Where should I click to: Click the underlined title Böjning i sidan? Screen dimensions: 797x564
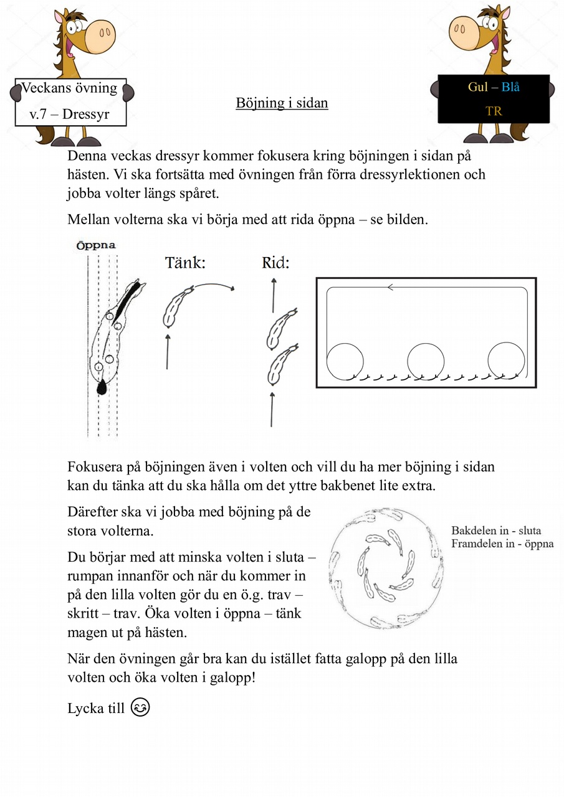(x=282, y=103)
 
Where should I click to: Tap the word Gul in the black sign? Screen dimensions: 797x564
(x=478, y=87)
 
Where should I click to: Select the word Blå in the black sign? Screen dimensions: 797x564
(x=509, y=87)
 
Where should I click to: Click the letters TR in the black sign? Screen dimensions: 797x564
(x=494, y=111)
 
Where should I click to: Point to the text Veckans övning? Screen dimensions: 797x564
(x=70, y=88)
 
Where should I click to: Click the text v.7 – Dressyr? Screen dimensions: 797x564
(x=70, y=115)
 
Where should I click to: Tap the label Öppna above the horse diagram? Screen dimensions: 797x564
(x=96, y=245)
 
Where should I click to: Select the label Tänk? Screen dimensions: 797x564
(x=185, y=263)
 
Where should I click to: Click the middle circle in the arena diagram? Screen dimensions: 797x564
(x=426, y=361)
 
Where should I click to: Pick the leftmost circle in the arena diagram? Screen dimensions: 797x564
(x=345, y=361)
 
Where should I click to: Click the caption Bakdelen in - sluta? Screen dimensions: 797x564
(x=496, y=531)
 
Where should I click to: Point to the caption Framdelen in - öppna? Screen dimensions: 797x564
(x=502, y=544)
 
